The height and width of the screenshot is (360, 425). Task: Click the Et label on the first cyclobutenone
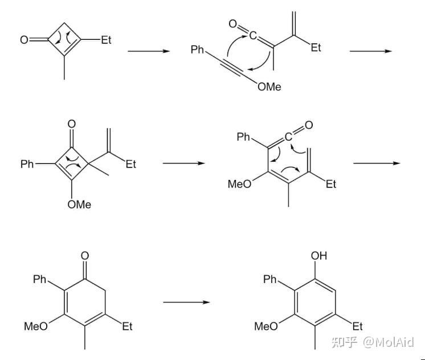[107, 40]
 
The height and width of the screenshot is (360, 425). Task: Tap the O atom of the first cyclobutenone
[24, 40]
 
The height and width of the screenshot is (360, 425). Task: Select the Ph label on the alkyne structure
[198, 50]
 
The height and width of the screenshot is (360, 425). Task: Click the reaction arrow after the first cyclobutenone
[149, 51]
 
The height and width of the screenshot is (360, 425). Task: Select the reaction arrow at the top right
[371, 51]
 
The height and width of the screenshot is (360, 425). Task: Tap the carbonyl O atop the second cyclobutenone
[72, 124]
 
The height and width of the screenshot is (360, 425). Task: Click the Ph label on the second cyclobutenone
[27, 164]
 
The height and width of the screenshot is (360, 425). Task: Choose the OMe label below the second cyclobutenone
[79, 204]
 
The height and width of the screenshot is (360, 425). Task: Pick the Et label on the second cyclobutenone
[131, 164]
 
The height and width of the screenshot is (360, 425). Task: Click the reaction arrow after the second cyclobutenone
[184, 163]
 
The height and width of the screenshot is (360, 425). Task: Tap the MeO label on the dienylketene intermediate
[239, 185]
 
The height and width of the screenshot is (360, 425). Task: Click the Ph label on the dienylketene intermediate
[244, 137]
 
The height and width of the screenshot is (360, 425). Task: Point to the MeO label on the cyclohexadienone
[35, 326]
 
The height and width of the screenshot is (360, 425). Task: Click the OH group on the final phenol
[319, 256]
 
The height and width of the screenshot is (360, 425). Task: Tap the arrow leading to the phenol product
[186, 301]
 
